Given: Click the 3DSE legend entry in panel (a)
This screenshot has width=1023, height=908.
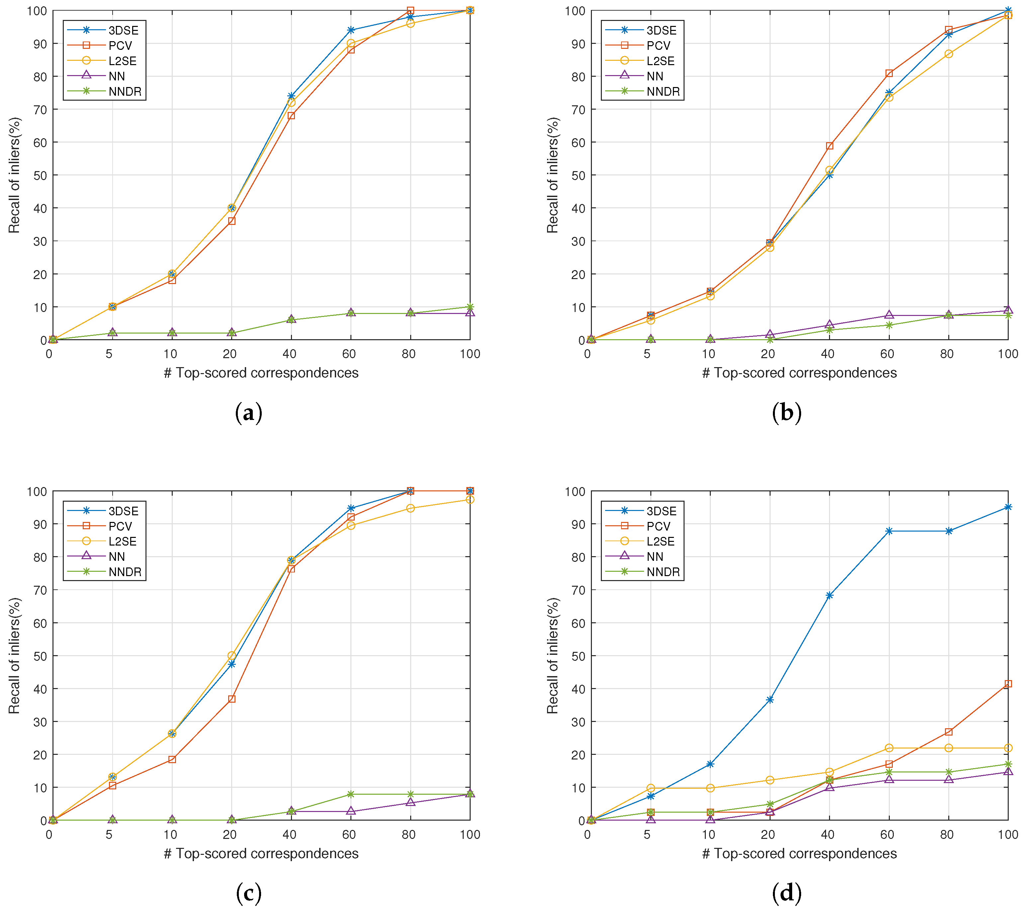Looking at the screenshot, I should pos(123,30).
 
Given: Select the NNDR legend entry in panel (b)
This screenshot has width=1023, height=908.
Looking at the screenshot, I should pos(663,92).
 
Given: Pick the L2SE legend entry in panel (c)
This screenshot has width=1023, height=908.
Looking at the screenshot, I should pos(122,541).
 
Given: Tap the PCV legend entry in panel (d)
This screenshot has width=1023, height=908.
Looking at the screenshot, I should pos(658,526).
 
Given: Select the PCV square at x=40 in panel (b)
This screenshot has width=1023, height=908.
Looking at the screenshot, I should pos(829,146).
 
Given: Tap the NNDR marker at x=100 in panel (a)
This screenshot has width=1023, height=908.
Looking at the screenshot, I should pos(470,307).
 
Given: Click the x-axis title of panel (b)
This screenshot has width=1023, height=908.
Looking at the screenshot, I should pos(799,373).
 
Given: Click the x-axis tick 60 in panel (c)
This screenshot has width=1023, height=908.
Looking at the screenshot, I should pos(349,835).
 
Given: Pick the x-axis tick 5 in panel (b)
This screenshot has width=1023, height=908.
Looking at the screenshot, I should pos(647,354).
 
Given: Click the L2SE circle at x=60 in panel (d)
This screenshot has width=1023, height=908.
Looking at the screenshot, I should pos(889,748).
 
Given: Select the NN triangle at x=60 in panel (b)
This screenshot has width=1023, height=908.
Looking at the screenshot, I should pos(889,315).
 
